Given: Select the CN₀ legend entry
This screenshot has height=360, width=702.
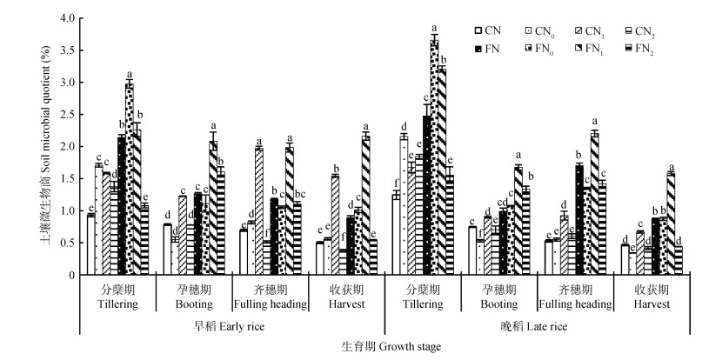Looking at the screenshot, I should point(535,30).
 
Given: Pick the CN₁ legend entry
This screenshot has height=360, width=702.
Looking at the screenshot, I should point(588,30).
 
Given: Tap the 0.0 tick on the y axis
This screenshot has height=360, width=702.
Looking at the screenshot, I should point(65,274).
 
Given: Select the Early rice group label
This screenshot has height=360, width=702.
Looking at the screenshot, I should point(229,327).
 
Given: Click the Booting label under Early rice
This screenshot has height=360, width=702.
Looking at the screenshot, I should point(194,305).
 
